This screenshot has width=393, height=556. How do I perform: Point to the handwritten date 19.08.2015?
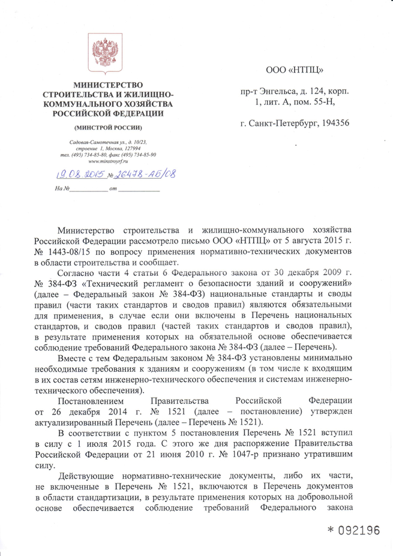[x=78, y=175]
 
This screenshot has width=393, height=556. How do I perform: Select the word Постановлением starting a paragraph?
[x=90, y=400]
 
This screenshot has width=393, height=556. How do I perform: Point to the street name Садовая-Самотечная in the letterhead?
[x=91, y=142]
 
